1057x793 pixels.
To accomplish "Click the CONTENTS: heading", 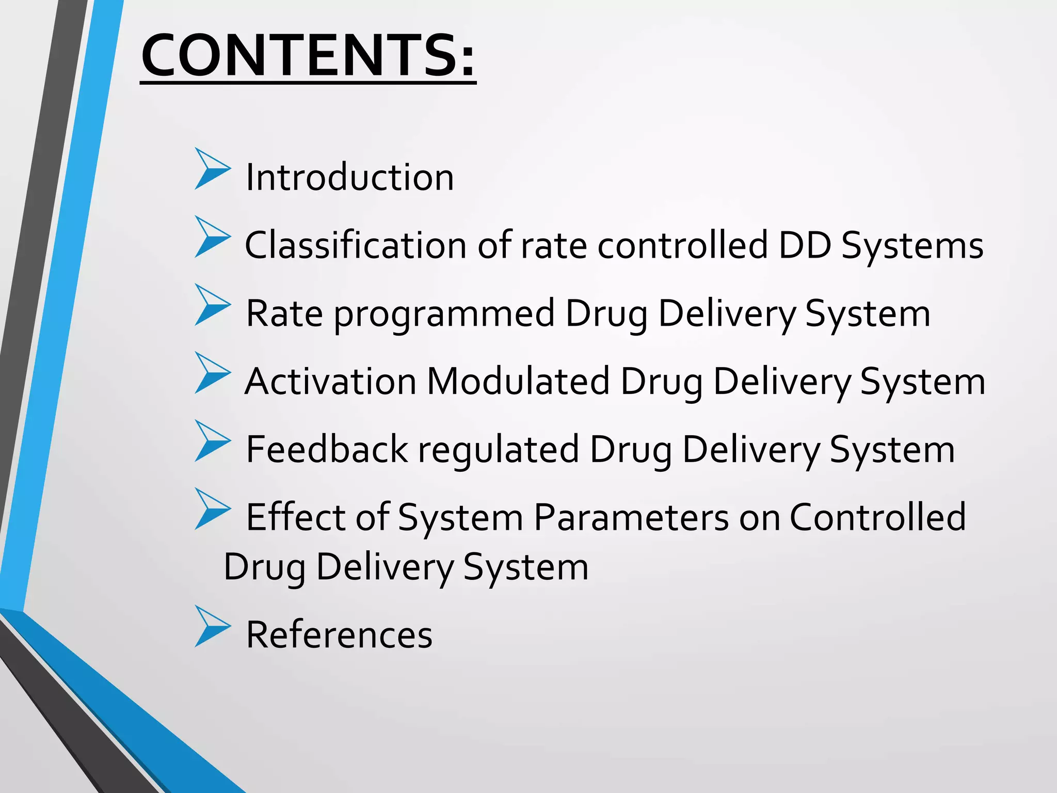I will (308, 56).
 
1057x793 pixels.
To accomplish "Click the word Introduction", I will (349, 178).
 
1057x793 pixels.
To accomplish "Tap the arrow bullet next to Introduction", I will (211, 169).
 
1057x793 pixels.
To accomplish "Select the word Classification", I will (356, 245).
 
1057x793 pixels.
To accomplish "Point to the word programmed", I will (444, 314).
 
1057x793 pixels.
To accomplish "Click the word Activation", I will (330, 382).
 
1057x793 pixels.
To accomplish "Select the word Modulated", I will (518, 382).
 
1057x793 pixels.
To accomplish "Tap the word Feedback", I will (327, 449).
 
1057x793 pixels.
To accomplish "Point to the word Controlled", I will (877, 517).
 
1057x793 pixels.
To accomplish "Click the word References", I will (339, 635).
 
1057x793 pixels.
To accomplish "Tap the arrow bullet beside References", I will (211, 626).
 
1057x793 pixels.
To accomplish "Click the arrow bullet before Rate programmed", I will (211, 305).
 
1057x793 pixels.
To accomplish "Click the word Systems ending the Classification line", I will (912, 246).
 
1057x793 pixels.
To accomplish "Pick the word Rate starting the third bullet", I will (284, 313).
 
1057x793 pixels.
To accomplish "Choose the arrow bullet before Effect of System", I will (211, 509).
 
